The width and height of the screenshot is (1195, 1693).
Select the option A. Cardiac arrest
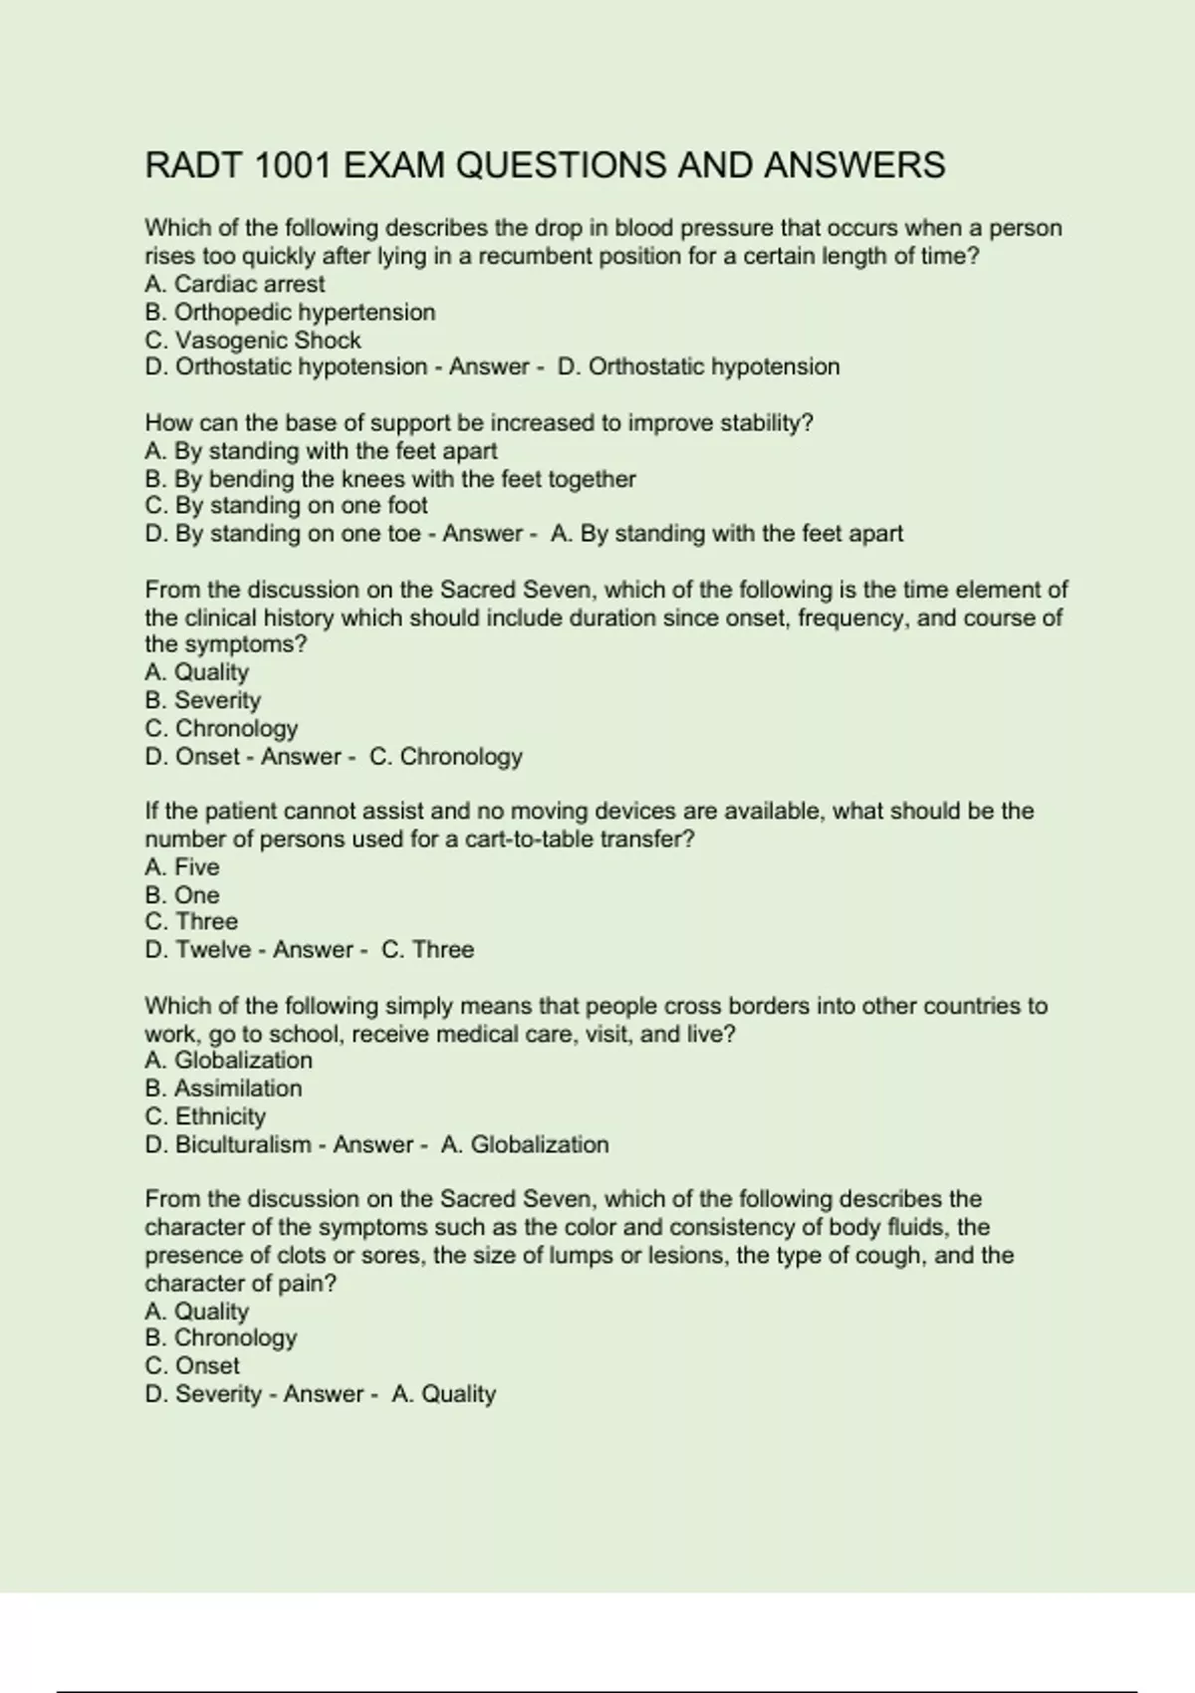(235, 284)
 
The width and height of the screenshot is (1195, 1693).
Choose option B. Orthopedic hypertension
(290, 312)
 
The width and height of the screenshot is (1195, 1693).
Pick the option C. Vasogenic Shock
(253, 340)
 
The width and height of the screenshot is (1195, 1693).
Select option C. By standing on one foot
(287, 506)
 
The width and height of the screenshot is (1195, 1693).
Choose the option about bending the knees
(390, 479)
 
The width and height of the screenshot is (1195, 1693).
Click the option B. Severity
(203, 700)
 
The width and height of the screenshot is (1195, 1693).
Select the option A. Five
(182, 866)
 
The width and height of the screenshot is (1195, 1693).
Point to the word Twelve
(213, 950)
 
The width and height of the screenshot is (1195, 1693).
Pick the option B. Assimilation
(223, 1088)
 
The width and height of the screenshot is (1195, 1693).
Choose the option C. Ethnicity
(205, 1116)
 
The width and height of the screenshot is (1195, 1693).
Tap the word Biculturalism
(243, 1144)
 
